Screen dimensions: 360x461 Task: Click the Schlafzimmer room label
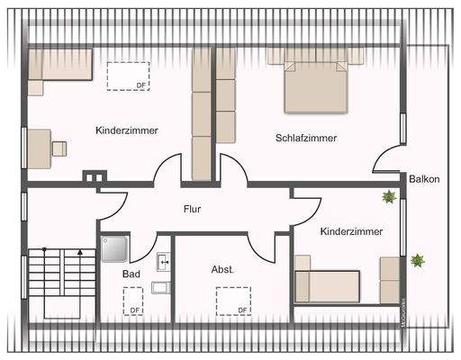306,138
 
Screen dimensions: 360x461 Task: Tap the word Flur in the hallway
192,209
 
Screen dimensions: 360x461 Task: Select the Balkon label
424,179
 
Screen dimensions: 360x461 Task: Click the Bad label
131,274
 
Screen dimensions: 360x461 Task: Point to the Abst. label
222,269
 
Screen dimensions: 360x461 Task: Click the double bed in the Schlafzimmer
316,85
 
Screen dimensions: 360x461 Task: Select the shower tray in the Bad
116,247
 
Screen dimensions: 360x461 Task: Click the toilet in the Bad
161,288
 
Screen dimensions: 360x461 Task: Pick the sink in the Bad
163,262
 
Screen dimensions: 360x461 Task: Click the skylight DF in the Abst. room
232,300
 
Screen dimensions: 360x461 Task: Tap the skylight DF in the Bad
133,300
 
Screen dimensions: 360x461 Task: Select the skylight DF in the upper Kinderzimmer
128,75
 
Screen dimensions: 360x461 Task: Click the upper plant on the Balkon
389,196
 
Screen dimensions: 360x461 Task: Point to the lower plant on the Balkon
417,261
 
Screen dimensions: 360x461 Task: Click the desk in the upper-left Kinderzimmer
39,148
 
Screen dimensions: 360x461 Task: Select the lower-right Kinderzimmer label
351,231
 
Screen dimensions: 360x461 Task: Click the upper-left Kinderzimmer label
127,130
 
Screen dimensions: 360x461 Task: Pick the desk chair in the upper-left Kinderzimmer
60,148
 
